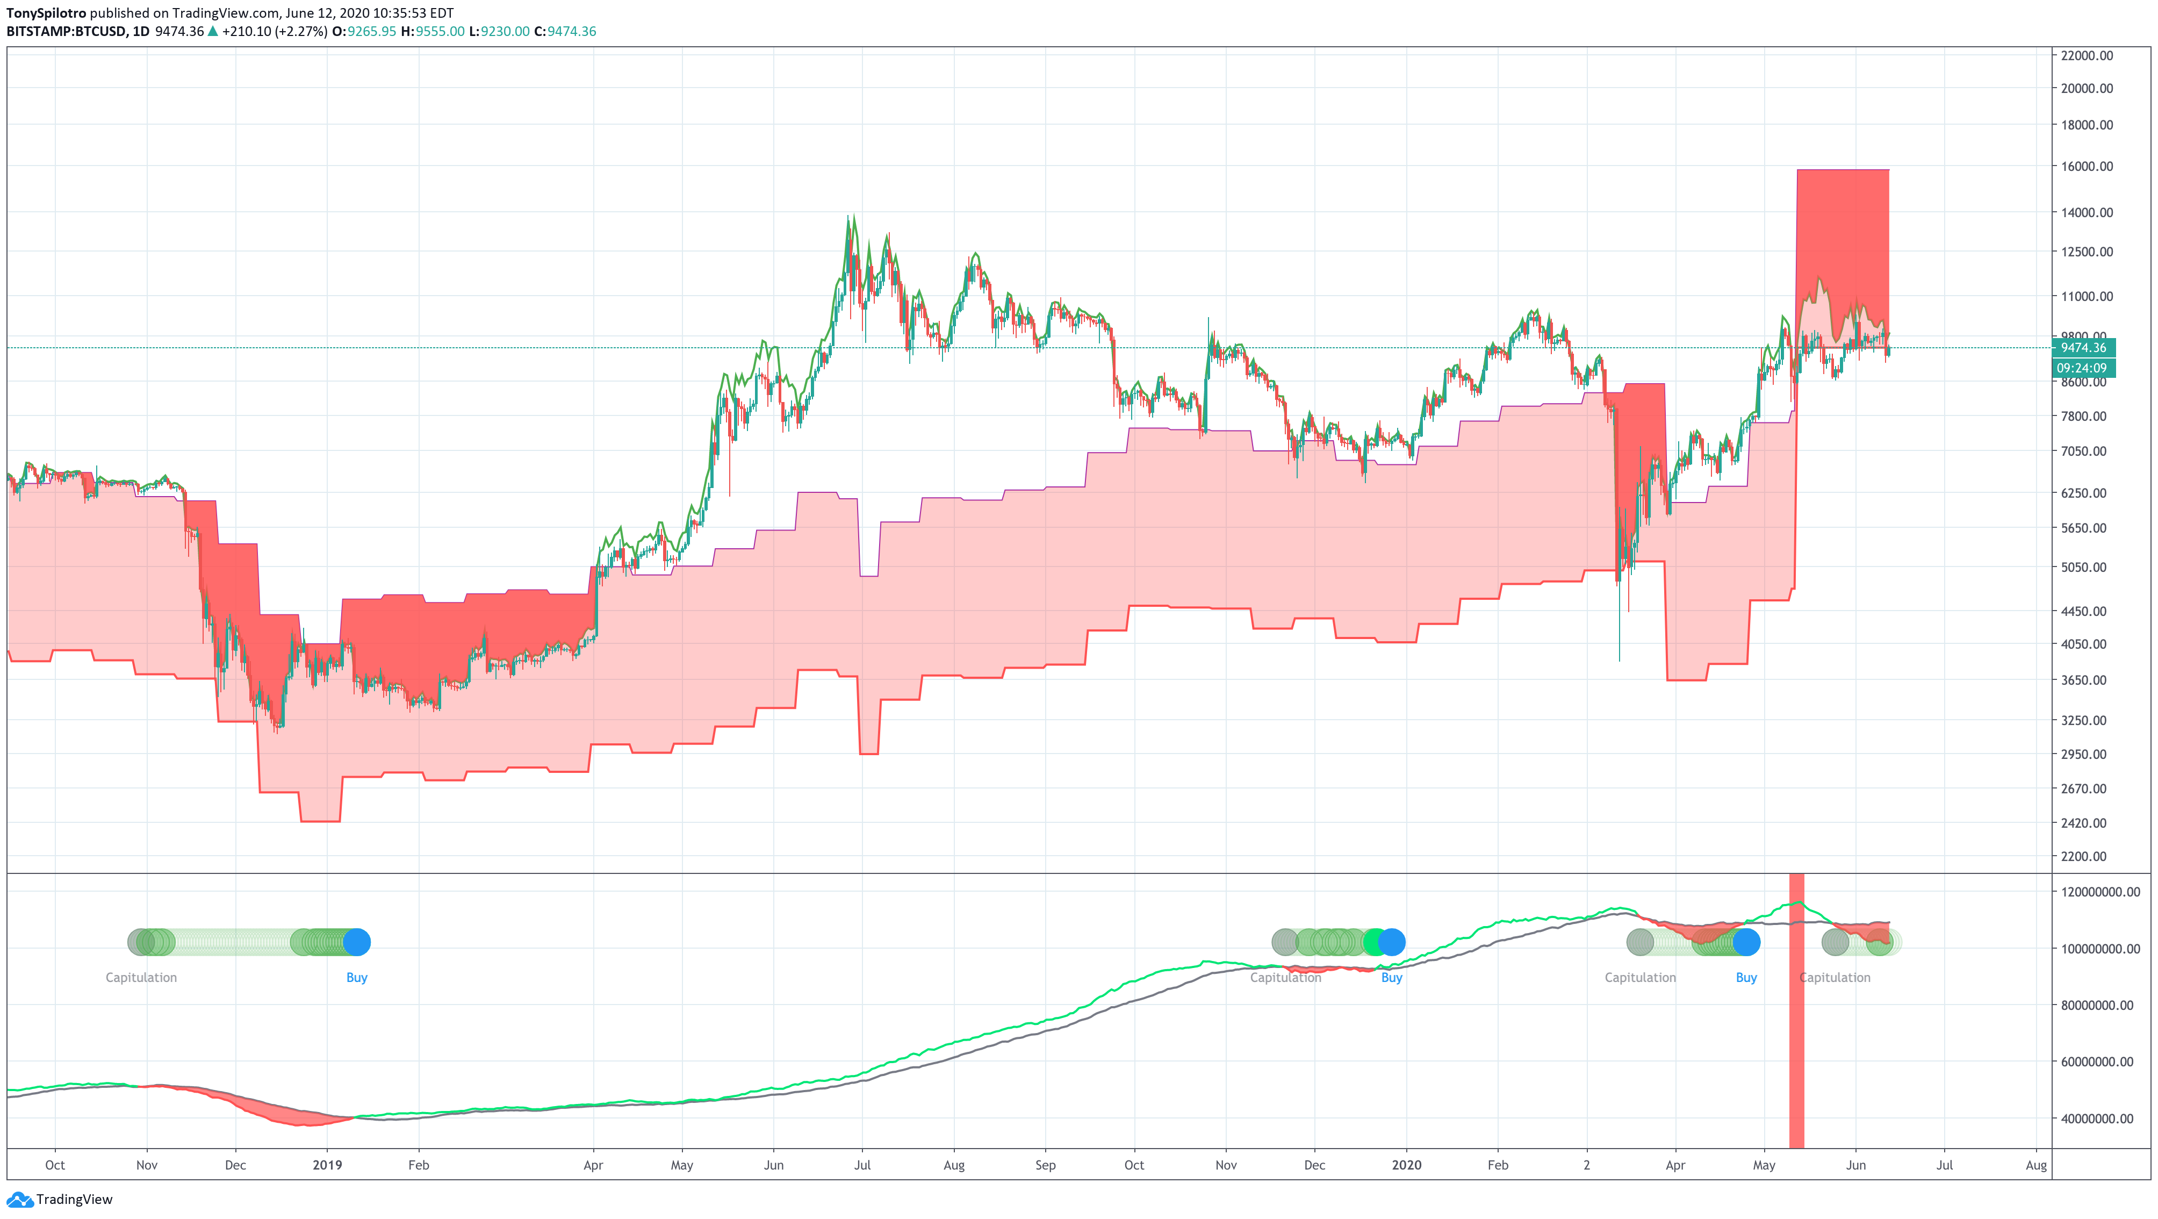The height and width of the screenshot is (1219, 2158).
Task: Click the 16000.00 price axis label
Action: pyautogui.click(x=2087, y=166)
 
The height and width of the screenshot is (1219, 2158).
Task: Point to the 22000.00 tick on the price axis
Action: pyautogui.click(x=2087, y=55)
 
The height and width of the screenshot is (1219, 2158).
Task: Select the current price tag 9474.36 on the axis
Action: pyautogui.click(x=2083, y=348)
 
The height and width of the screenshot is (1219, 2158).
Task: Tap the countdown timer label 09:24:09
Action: pyautogui.click(x=2083, y=368)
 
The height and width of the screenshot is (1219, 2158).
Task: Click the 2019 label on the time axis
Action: pyautogui.click(x=327, y=1165)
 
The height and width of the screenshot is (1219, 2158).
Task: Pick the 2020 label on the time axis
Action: pyautogui.click(x=1407, y=1165)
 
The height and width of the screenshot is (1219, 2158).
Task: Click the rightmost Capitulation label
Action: pyautogui.click(x=1835, y=978)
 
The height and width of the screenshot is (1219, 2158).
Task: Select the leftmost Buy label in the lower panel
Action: pyautogui.click(x=357, y=978)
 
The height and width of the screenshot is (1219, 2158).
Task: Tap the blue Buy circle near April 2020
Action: pyautogui.click(x=1747, y=943)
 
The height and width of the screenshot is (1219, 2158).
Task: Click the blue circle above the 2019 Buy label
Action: pyautogui.click(x=357, y=943)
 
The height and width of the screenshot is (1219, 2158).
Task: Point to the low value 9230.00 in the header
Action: pyautogui.click(x=505, y=32)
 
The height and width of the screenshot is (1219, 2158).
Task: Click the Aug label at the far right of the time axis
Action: pyautogui.click(x=2035, y=1165)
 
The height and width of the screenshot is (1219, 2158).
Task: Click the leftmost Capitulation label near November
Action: pyautogui.click(x=141, y=978)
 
